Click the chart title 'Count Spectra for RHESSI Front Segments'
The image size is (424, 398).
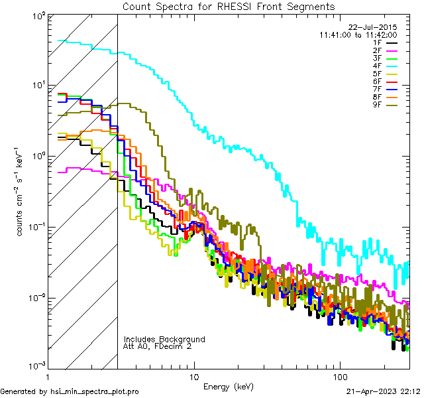coord(229,7)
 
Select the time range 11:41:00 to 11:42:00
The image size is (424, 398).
coord(358,34)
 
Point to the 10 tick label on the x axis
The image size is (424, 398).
coord(194,376)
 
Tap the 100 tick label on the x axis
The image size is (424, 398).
coord(340,376)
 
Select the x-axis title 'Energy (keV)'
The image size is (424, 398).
coord(228,387)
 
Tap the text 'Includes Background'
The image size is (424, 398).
coord(164,339)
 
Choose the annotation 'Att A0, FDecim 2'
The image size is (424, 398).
coord(158,346)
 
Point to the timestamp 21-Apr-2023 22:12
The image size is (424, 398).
coord(384,391)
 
